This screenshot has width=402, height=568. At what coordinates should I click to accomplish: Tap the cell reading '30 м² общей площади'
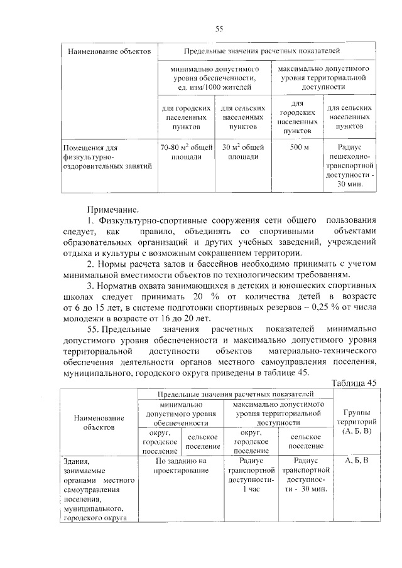coord(243,152)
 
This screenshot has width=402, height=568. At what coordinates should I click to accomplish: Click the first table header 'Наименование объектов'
coord(104,50)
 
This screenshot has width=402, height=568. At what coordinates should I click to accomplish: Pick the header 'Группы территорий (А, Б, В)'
coord(357,422)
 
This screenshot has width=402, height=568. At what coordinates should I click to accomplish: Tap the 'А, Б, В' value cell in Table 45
coord(357,461)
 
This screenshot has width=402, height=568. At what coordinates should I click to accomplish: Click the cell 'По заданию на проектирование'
coord(181,466)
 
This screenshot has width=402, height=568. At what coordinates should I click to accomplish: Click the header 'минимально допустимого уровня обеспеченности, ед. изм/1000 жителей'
coord(214,77)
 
